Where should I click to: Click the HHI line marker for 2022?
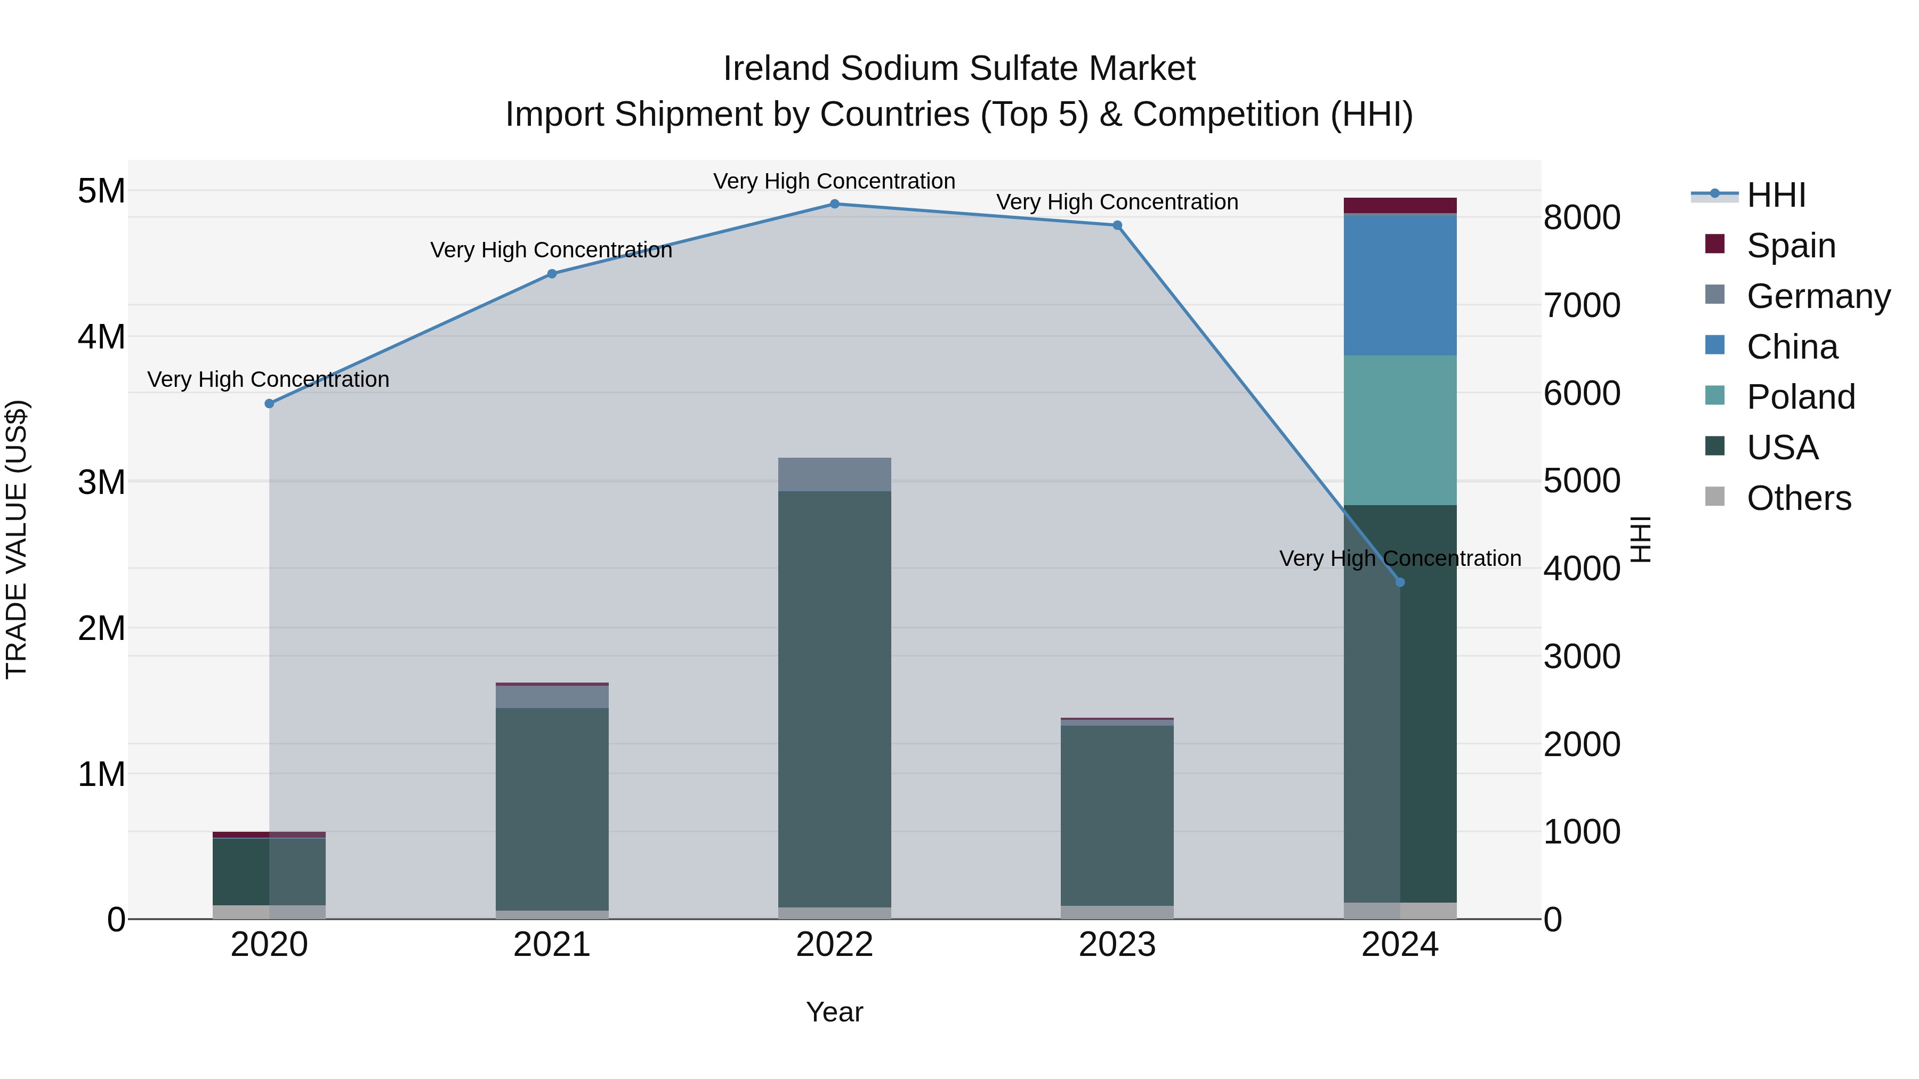pos(834,204)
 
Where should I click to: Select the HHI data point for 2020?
pos(270,403)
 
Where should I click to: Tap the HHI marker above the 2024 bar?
pos(1400,582)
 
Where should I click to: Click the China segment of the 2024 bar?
pos(1400,285)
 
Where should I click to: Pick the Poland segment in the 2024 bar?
pos(1400,431)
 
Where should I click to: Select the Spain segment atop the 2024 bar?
pos(1400,206)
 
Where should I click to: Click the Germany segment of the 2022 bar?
pos(834,474)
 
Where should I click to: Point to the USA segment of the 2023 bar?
pos(1117,815)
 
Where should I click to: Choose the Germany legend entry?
pos(1818,296)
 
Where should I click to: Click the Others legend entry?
pos(1799,498)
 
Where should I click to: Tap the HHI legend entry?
pos(1776,195)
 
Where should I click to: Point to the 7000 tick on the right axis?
pos(1581,305)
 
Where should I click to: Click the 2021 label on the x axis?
pos(552,945)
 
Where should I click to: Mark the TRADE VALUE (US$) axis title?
pos(17,539)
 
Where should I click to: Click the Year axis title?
pos(834,1012)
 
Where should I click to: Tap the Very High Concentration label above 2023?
pos(1117,202)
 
